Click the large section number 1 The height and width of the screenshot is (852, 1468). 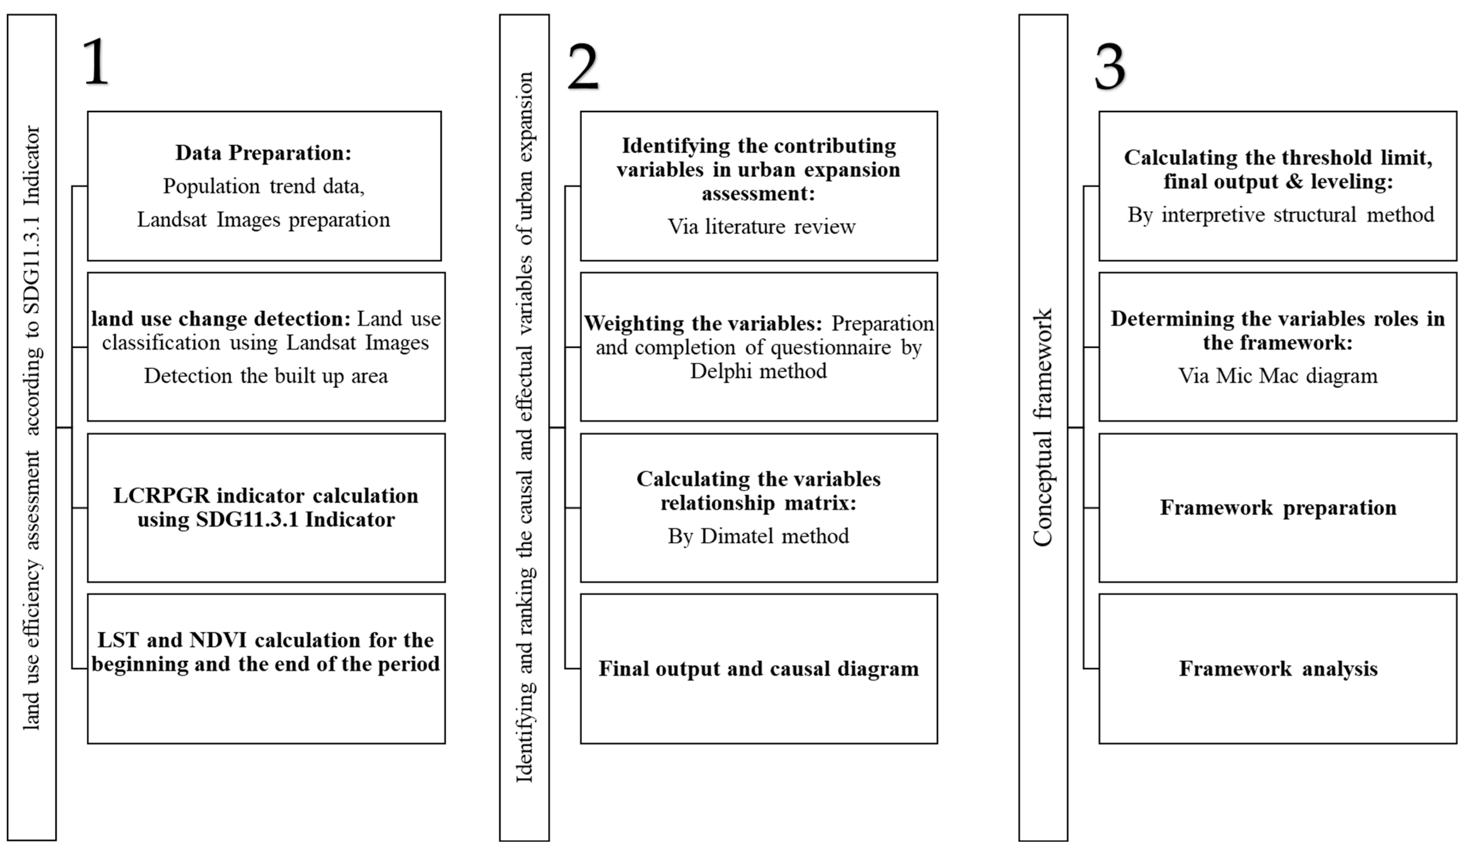pyautogui.click(x=96, y=62)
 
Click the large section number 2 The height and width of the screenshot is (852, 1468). pyautogui.click(x=582, y=68)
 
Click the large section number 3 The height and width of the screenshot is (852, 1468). pyautogui.click(x=1110, y=68)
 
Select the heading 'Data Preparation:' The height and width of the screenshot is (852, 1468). pyautogui.click(x=263, y=153)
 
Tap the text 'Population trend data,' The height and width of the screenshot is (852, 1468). pyautogui.click(x=263, y=186)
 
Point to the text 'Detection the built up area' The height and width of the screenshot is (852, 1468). pyautogui.click(x=266, y=376)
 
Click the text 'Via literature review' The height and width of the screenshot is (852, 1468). pyautogui.click(x=761, y=226)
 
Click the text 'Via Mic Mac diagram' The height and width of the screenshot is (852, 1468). pyautogui.click(x=1278, y=376)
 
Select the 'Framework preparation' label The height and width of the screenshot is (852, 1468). pyautogui.click(x=1278, y=508)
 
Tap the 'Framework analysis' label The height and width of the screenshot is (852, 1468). pyautogui.click(x=1278, y=669)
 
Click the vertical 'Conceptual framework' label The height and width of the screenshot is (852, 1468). pyautogui.click(x=1043, y=428)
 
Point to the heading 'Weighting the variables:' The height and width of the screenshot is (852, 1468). pyautogui.click(x=702, y=324)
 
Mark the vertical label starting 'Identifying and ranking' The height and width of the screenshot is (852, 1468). pyautogui.click(x=524, y=428)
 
